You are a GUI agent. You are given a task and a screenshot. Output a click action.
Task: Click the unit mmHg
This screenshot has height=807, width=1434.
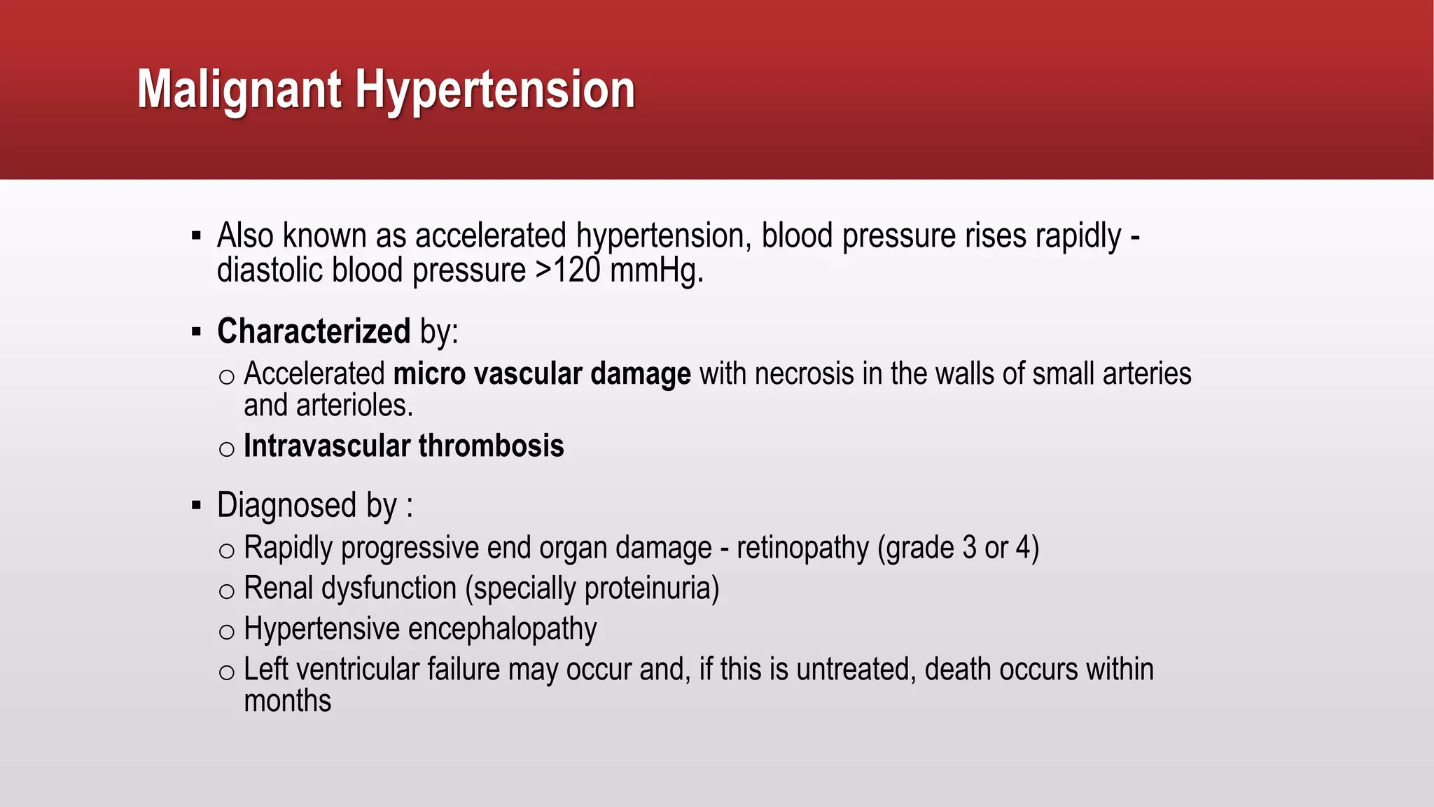point(655,270)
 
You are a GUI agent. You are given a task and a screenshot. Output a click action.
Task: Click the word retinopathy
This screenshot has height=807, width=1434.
point(802,548)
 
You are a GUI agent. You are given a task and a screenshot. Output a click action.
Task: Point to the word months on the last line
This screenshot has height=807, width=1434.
point(287,701)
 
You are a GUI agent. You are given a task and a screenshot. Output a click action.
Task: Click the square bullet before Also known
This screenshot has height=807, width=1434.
point(196,236)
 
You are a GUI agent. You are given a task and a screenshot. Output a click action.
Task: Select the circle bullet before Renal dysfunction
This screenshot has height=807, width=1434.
point(226,592)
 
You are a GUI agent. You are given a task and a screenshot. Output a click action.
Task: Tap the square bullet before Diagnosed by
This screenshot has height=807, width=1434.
point(196,505)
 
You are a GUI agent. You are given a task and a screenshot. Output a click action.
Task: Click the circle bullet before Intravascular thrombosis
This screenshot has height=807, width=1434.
point(226,449)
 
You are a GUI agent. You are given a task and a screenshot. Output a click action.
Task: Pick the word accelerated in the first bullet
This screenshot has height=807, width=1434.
point(490,236)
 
